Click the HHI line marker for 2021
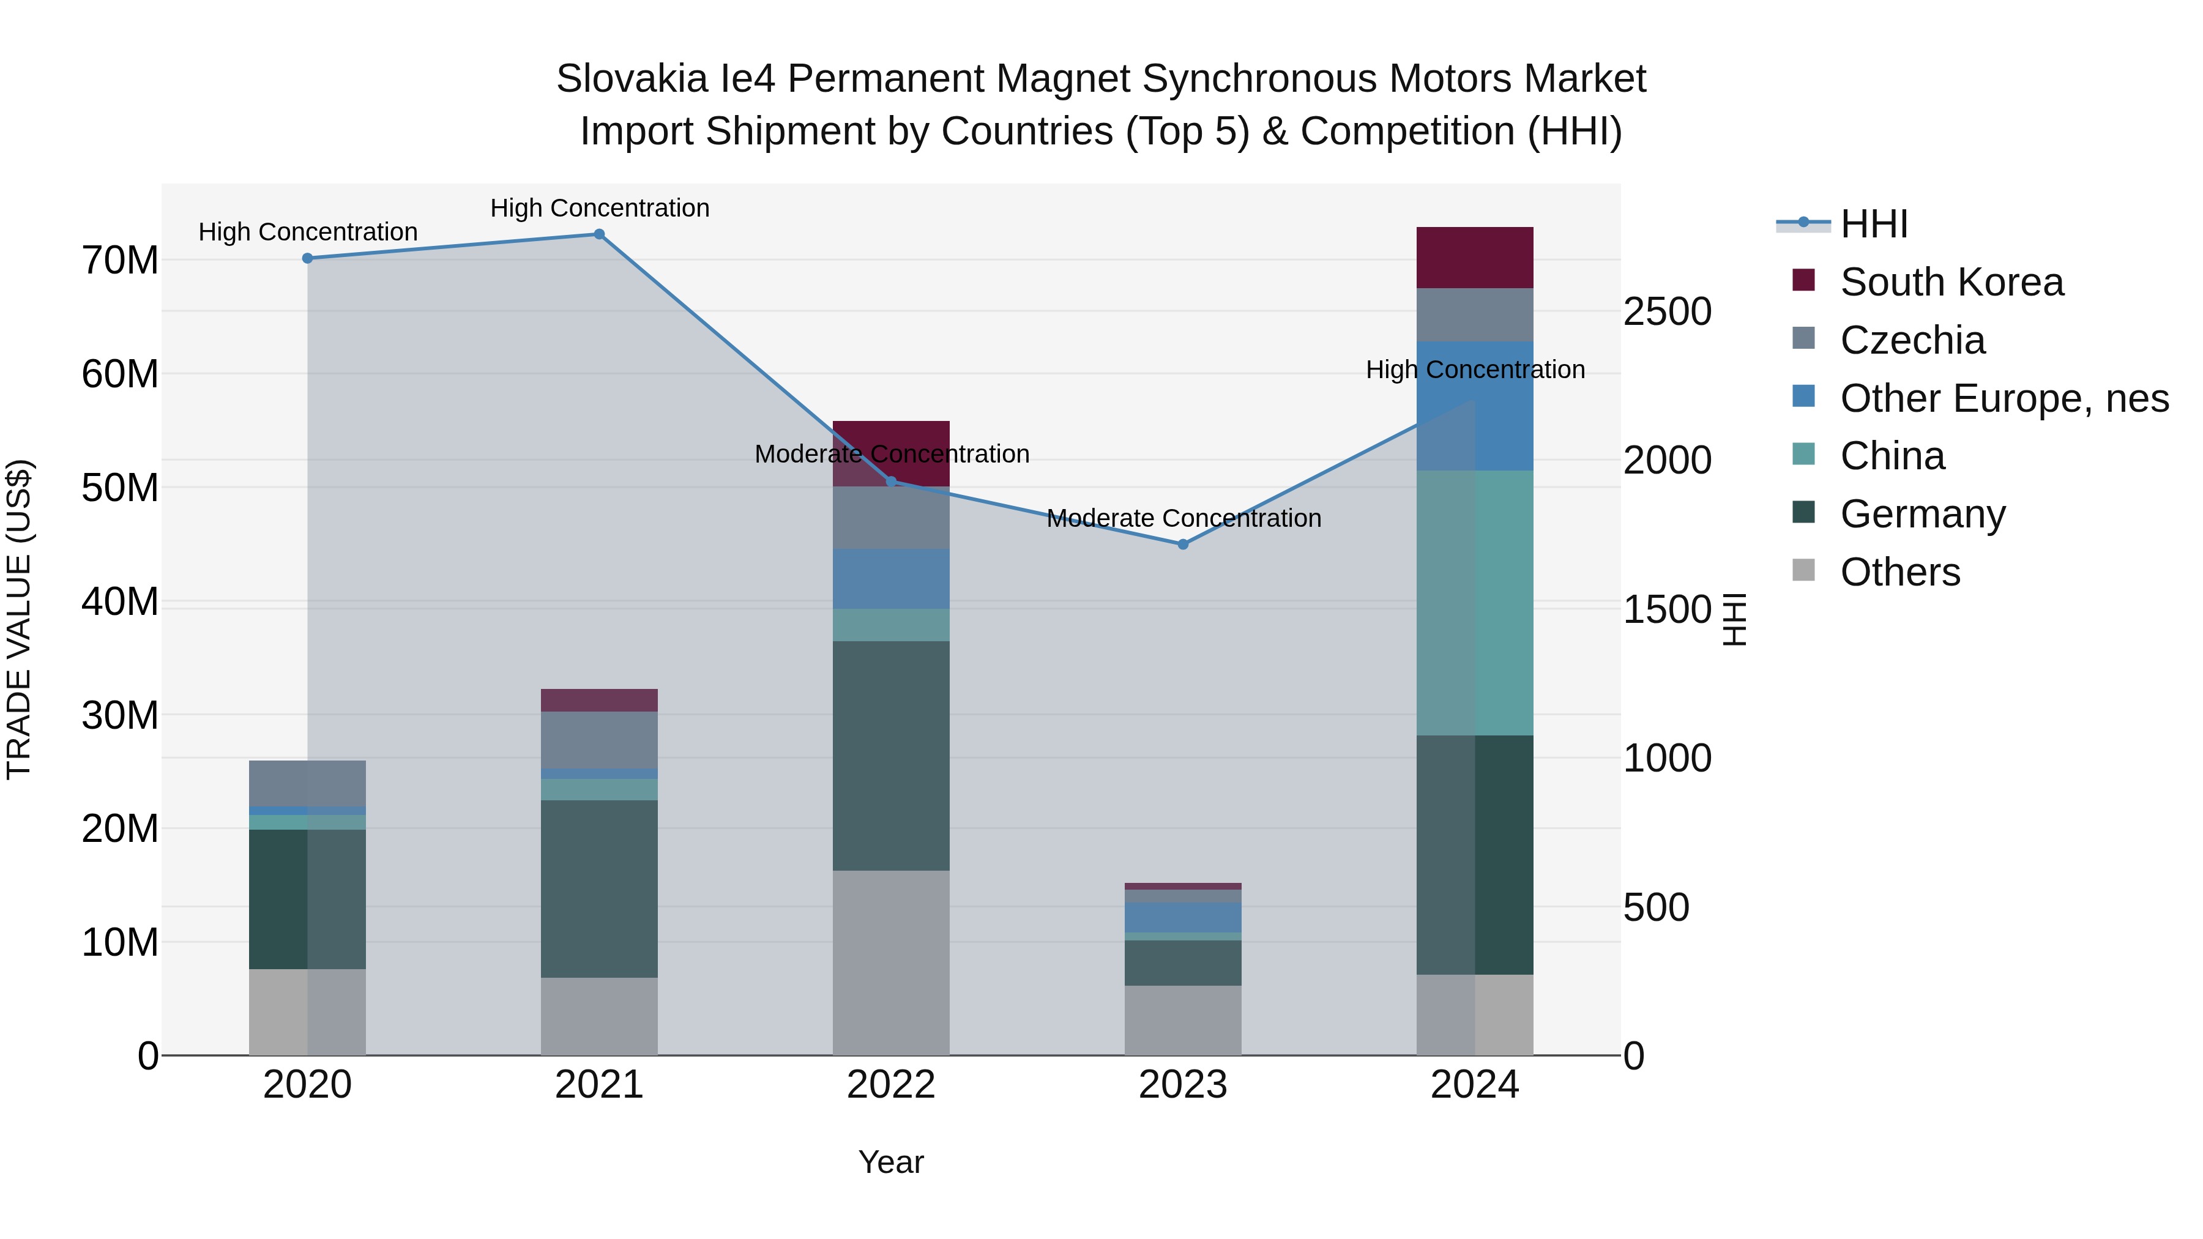click(600, 234)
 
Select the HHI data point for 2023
click(1183, 545)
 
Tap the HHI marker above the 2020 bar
click(308, 258)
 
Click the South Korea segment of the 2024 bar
click(1474, 258)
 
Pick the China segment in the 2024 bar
click(1474, 603)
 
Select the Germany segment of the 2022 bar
click(891, 756)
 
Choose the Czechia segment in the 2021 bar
click(600, 740)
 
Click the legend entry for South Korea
click(1951, 282)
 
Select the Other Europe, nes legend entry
click(2004, 398)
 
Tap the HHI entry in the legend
click(1873, 224)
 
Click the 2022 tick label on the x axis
click(891, 1085)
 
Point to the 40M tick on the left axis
click(120, 602)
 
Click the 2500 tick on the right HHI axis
click(1667, 311)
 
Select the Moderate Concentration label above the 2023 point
click(1184, 518)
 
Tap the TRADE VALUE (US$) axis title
click(19, 619)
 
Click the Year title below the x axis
click(891, 1162)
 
